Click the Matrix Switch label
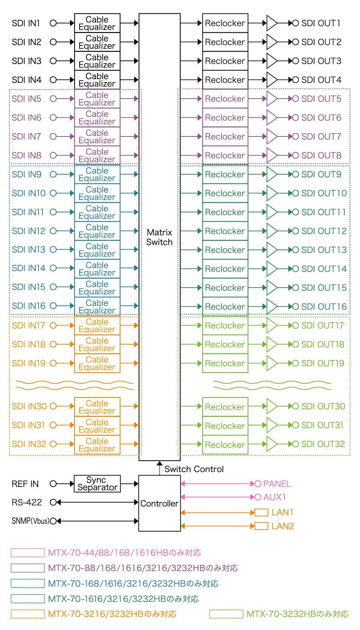[159, 237]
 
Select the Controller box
[159, 503]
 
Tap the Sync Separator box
[97, 484]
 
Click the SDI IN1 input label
[26, 23]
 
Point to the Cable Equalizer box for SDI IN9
[97, 175]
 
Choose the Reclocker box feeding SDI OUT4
[225, 80]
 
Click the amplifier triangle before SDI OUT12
[271, 231]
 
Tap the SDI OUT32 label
[323, 444]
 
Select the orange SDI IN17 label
[28, 325]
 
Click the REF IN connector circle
[53, 484]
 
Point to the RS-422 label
[27, 502]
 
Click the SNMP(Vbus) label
[30, 521]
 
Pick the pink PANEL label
[277, 484]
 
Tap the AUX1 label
[275, 497]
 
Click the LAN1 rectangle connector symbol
[261, 512]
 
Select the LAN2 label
[283, 526]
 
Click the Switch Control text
[194, 469]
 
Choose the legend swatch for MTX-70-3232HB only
[226, 614]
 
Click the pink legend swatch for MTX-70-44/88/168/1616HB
[28, 553]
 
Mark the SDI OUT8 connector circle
[296, 156]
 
